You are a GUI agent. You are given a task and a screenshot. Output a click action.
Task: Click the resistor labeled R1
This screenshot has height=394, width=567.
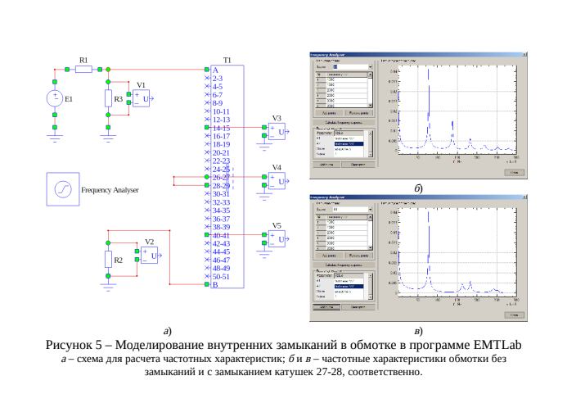(83, 70)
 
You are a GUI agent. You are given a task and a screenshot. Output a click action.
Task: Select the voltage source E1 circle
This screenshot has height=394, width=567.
(55, 98)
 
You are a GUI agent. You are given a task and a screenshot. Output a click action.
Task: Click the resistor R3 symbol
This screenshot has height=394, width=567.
(109, 99)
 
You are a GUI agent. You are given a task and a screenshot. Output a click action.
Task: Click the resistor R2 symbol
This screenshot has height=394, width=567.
(109, 260)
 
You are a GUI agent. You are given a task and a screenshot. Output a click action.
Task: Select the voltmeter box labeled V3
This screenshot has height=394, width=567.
(279, 133)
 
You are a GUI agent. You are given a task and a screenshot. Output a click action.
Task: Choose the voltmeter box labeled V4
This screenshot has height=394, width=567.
(279, 182)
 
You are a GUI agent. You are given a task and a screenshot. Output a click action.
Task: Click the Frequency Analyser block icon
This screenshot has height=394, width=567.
(61, 189)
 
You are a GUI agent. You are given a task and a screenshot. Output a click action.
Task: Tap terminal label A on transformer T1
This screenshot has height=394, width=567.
(215, 70)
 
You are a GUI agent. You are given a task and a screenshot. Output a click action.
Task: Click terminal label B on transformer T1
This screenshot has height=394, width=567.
(215, 285)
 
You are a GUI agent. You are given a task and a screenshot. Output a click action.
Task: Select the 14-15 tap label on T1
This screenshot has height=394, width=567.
(221, 128)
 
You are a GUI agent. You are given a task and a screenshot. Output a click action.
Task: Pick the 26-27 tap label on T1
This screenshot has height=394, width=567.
(221, 177)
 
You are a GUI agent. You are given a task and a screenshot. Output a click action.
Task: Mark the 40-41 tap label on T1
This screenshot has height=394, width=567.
(221, 235)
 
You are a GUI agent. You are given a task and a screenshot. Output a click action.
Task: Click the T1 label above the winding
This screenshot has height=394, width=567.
(227, 61)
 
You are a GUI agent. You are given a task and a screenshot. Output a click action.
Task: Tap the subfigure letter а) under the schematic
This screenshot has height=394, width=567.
(167, 331)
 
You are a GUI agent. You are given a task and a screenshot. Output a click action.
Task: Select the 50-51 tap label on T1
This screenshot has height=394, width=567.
(221, 276)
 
